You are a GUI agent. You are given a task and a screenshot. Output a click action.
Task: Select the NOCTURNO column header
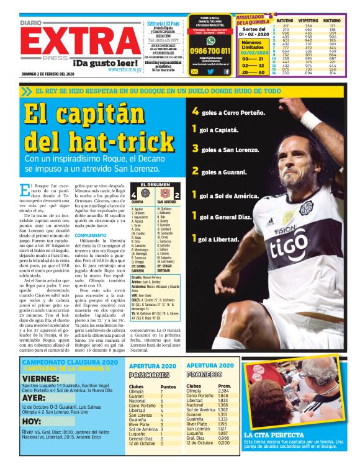340,20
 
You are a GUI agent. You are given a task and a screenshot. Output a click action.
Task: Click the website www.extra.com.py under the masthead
123,69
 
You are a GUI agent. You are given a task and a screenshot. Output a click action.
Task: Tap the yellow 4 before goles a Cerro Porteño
196,112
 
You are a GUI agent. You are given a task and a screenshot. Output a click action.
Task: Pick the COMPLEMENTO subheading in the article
90,235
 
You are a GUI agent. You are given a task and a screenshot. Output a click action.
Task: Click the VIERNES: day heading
40,378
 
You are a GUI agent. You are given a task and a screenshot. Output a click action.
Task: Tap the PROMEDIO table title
204,375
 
